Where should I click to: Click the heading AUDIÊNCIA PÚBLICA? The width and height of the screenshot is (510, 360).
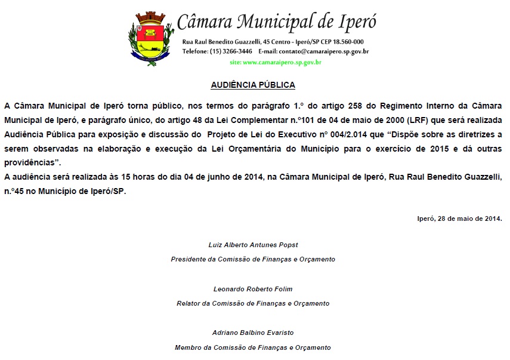tap(253, 85)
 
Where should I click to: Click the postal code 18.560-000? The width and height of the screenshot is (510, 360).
tap(347, 42)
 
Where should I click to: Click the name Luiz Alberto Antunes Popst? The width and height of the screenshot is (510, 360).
tap(253, 245)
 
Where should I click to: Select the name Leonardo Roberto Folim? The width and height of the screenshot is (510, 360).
tap(253, 289)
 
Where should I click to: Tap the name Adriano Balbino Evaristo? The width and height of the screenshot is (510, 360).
tap(253, 333)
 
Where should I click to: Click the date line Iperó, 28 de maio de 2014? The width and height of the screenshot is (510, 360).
tap(459, 218)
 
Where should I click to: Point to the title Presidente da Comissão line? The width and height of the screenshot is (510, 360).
tap(253, 259)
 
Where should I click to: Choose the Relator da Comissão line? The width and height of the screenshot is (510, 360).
tap(253, 303)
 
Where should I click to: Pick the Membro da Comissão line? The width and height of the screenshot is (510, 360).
tap(253, 347)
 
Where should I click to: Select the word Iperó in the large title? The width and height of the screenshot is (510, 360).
tap(356, 23)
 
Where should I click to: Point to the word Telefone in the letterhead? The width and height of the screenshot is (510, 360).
tap(194, 51)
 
